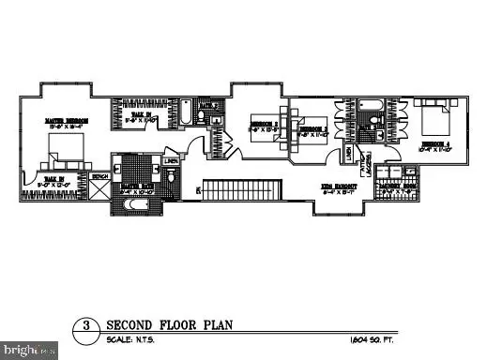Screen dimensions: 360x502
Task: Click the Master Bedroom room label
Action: (66, 121)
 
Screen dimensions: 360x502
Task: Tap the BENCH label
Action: (100, 175)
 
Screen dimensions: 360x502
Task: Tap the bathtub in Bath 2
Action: (187, 116)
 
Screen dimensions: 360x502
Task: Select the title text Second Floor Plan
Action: (169, 325)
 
